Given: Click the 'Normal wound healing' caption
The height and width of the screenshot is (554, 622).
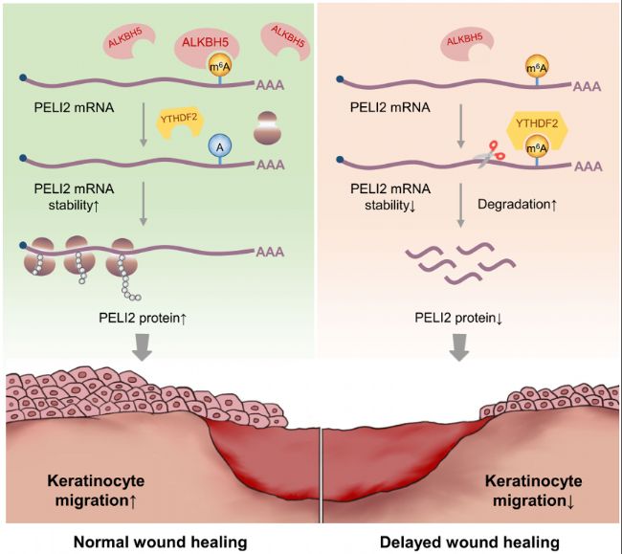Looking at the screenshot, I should coord(161,543).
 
